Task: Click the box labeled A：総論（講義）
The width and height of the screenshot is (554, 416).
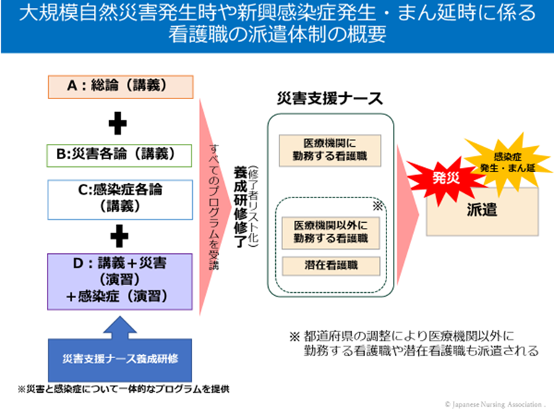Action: (x=121, y=85)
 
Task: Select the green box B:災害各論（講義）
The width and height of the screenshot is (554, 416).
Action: (x=120, y=155)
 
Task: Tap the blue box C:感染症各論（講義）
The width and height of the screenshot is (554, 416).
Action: (x=121, y=197)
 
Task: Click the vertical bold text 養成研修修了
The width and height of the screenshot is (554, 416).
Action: (x=238, y=207)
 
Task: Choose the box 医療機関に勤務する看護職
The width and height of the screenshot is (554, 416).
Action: (x=329, y=149)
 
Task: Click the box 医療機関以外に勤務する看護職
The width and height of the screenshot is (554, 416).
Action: (x=330, y=231)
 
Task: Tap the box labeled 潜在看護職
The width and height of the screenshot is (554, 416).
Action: (x=330, y=266)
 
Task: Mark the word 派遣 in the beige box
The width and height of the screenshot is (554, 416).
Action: (x=483, y=210)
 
